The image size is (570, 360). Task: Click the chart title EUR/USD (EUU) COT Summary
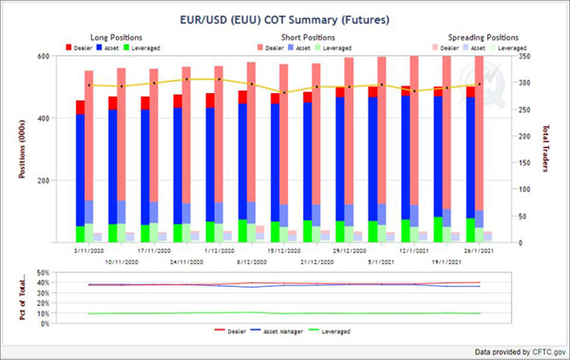(x=284, y=18)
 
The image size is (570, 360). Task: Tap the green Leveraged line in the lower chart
(x=285, y=313)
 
